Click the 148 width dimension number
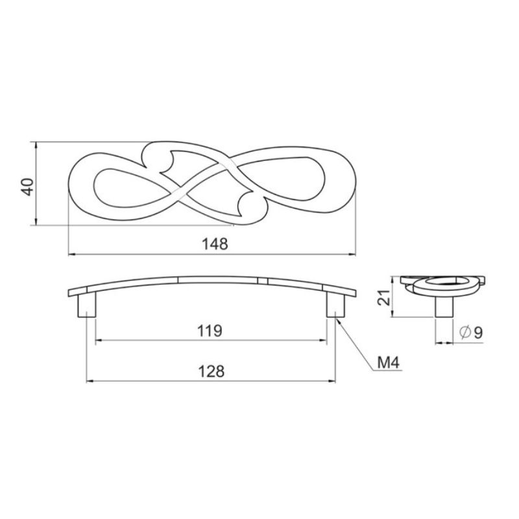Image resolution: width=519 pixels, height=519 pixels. tap(215, 244)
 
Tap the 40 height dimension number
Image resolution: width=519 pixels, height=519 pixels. tap(28, 187)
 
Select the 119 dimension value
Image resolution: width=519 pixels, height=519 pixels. tap(210, 331)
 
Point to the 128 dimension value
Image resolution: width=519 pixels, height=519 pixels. tap(211, 371)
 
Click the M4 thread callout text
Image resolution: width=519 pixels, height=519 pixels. tap(389, 363)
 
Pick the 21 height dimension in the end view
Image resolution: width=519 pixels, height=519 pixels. tap(384, 298)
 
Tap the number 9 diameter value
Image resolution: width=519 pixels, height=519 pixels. tap(478, 333)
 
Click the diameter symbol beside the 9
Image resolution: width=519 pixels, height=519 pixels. tap(465, 333)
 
